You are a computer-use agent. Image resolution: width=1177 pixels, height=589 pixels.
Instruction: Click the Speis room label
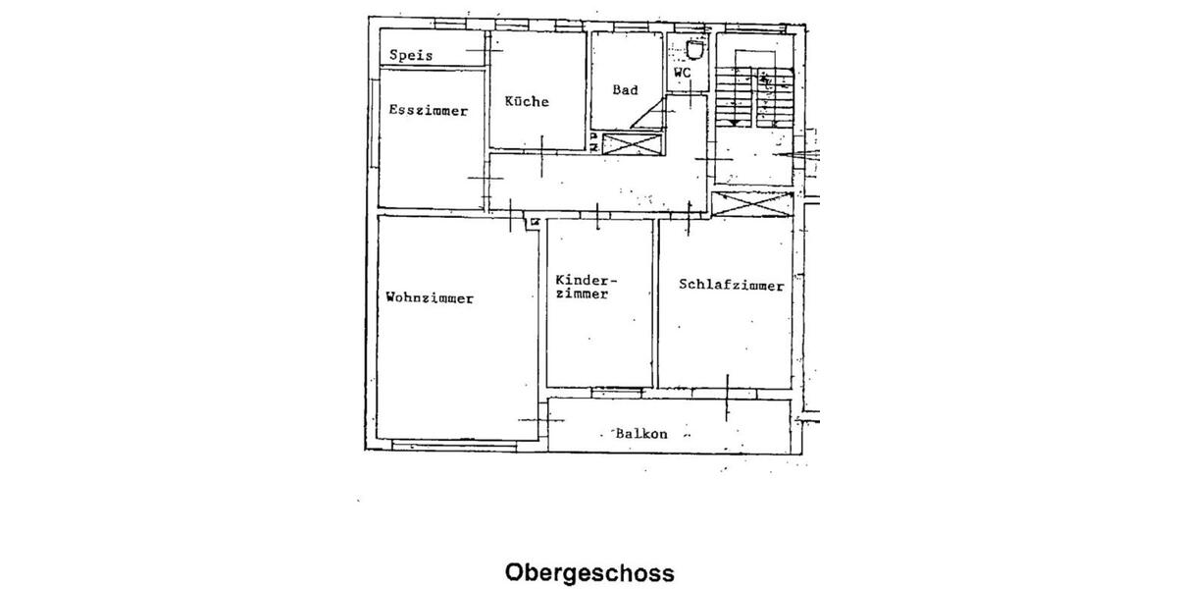(410, 56)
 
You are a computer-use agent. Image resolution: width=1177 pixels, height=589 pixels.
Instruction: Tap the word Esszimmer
(428, 111)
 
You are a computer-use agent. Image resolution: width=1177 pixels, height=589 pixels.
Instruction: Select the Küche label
(527, 101)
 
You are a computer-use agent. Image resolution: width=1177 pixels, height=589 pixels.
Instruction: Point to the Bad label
(625, 90)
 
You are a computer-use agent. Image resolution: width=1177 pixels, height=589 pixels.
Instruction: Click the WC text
(683, 73)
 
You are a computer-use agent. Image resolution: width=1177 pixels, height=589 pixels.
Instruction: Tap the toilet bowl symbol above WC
(694, 49)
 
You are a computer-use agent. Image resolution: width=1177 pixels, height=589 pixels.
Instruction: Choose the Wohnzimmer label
(430, 297)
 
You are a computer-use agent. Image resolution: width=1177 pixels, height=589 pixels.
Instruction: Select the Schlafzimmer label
(731, 286)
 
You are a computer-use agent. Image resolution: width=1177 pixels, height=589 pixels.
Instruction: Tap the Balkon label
(641, 433)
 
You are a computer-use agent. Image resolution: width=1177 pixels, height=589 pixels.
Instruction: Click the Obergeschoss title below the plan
(589, 572)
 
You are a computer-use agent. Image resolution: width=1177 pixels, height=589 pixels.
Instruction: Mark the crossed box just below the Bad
(633, 143)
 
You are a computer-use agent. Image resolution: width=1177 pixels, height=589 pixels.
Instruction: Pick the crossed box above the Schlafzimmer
(751, 206)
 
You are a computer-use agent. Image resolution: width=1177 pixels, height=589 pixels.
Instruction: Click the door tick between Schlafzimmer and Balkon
(727, 398)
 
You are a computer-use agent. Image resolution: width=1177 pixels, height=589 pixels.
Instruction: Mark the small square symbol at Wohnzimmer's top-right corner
(535, 222)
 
